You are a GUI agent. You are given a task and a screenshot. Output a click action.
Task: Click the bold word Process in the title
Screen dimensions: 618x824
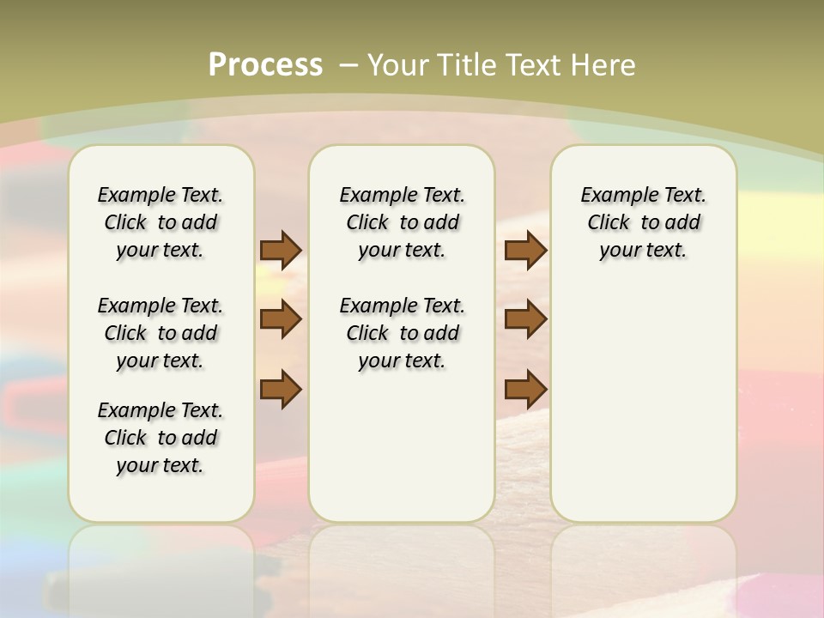point(265,64)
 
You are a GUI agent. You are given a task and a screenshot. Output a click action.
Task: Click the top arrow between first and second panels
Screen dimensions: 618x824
point(281,250)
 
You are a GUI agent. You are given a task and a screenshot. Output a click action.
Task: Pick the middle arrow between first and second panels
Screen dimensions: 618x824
point(281,319)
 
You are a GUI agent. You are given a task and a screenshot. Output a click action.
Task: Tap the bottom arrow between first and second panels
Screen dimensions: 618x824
point(281,389)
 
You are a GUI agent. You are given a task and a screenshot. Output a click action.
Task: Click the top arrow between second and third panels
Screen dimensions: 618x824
point(525,250)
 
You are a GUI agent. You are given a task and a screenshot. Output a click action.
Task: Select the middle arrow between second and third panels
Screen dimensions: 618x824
point(525,319)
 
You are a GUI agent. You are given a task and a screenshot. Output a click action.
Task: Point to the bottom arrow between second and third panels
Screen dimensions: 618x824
point(525,389)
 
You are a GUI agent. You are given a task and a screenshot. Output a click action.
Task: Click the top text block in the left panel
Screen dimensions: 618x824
point(161,222)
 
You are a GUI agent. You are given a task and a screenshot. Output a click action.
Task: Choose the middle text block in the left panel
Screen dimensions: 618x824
point(161,333)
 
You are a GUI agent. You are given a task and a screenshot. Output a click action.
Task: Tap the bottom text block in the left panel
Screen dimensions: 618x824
point(161,438)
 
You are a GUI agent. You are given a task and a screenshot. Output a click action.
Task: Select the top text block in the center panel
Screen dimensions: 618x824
point(402,222)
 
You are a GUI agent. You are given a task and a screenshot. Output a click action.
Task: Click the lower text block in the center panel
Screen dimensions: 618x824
point(402,333)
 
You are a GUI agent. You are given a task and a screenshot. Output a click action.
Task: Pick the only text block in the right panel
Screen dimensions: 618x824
point(643,222)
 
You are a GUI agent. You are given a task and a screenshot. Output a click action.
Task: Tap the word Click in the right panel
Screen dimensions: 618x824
point(609,223)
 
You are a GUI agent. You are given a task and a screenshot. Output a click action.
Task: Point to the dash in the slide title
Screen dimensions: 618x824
point(348,64)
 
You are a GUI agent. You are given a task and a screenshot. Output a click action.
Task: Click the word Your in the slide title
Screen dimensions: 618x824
point(398,64)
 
